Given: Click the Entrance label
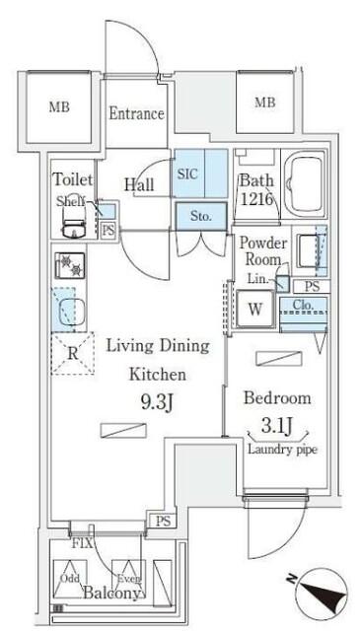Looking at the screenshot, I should (136, 113).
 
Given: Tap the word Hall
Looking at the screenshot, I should (138, 183).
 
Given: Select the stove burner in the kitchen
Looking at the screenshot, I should (70, 265).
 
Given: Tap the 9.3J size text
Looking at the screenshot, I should (165, 401).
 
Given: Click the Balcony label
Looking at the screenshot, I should (110, 595).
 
